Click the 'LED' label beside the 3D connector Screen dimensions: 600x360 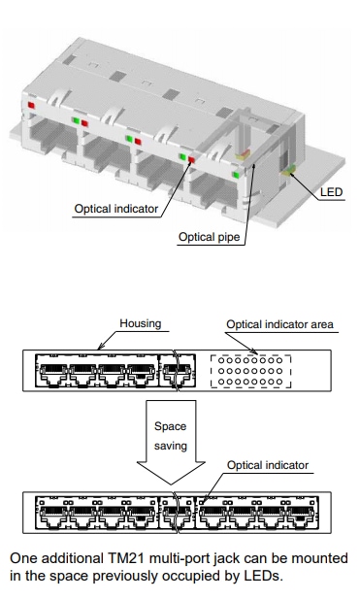331,191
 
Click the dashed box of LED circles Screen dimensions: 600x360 250,372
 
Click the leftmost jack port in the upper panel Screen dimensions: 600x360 51,372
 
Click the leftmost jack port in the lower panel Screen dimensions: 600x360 51,514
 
